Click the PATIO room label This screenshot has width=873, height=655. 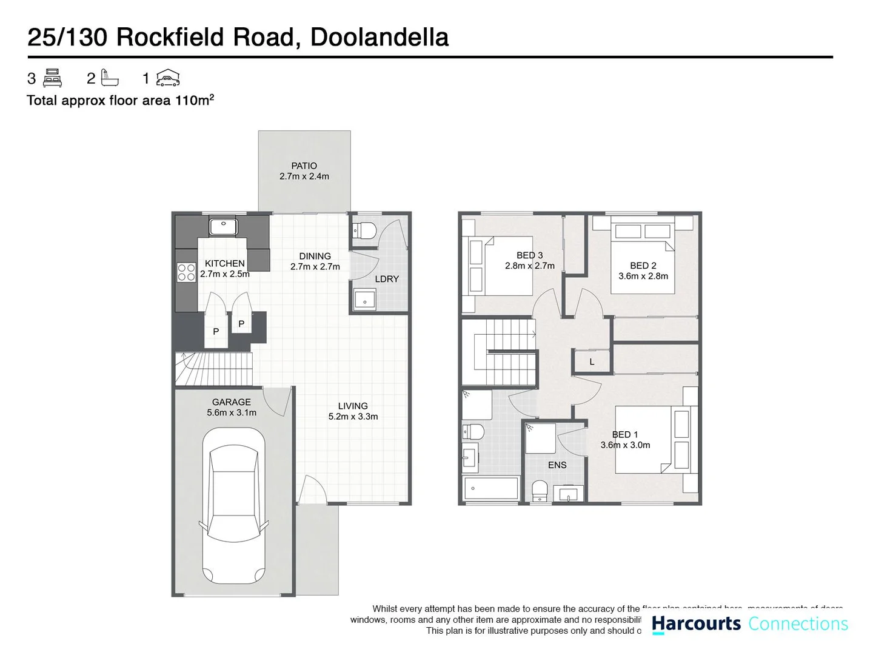(x=304, y=166)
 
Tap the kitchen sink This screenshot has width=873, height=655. (x=223, y=227)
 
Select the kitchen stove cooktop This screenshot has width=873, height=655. (x=186, y=272)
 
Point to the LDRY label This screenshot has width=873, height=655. (x=387, y=279)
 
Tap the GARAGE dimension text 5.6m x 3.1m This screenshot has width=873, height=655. (x=232, y=413)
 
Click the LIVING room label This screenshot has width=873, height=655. (x=353, y=406)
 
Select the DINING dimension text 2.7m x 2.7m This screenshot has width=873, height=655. (x=315, y=267)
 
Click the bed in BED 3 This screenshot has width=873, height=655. (x=498, y=266)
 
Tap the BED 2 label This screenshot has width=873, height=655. (x=643, y=266)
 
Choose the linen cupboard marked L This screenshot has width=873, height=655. (x=592, y=361)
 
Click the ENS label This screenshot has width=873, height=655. (x=557, y=465)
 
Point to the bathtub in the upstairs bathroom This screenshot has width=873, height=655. (x=491, y=488)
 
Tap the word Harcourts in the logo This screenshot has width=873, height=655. (x=696, y=623)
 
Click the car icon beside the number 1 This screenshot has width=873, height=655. (x=168, y=78)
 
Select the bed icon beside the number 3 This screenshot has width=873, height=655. (x=53, y=78)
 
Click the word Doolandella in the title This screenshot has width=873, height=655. (x=380, y=37)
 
